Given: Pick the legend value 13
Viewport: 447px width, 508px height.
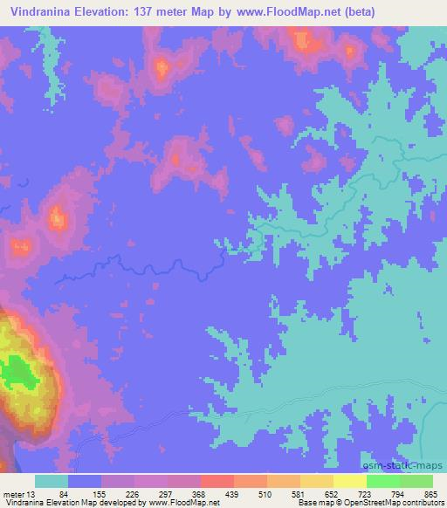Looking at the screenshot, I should (x=32, y=493).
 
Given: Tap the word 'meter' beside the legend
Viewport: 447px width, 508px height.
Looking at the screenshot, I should (x=13, y=493).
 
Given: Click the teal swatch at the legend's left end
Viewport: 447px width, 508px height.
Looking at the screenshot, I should (x=52, y=481).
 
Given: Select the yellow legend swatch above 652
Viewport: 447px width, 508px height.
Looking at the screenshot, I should (x=316, y=481).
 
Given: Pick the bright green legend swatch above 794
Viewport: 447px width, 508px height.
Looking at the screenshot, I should (x=382, y=481).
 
